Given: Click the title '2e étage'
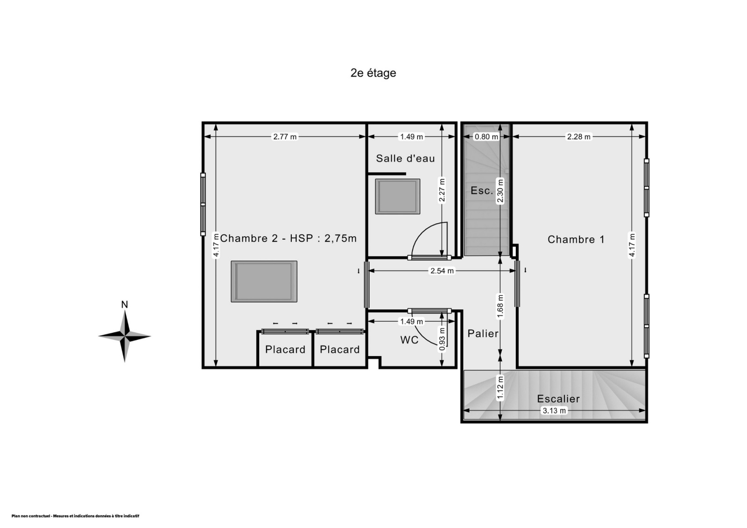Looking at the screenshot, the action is [x=373, y=73].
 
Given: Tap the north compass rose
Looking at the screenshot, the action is [x=124, y=336].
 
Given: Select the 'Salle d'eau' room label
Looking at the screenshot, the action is [x=406, y=158].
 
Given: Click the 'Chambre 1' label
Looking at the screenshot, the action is [x=576, y=239].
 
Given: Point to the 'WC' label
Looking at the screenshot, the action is [x=409, y=340].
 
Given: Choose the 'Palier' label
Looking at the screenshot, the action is [x=483, y=333].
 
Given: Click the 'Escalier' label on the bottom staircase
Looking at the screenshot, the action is [x=558, y=399].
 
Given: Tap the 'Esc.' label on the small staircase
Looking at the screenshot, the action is [x=481, y=190].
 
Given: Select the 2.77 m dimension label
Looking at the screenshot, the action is [x=285, y=137].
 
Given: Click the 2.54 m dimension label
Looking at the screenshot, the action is [x=442, y=271].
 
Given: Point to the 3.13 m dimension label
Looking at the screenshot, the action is [x=554, y=411].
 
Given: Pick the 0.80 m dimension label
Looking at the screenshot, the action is [x=486, y=137].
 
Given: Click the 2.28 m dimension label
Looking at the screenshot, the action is [x=578, y=137].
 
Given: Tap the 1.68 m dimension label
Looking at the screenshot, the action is [x=500, y=307].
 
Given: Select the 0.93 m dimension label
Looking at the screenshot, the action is [x=442, y=339].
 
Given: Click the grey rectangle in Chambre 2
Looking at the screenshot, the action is [x=264, y=282].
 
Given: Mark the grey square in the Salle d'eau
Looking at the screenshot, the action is [x=397, y=197].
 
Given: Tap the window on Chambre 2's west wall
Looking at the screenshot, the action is [x=203, y=204].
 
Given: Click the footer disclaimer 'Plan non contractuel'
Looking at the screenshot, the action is [x=75, y=516].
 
